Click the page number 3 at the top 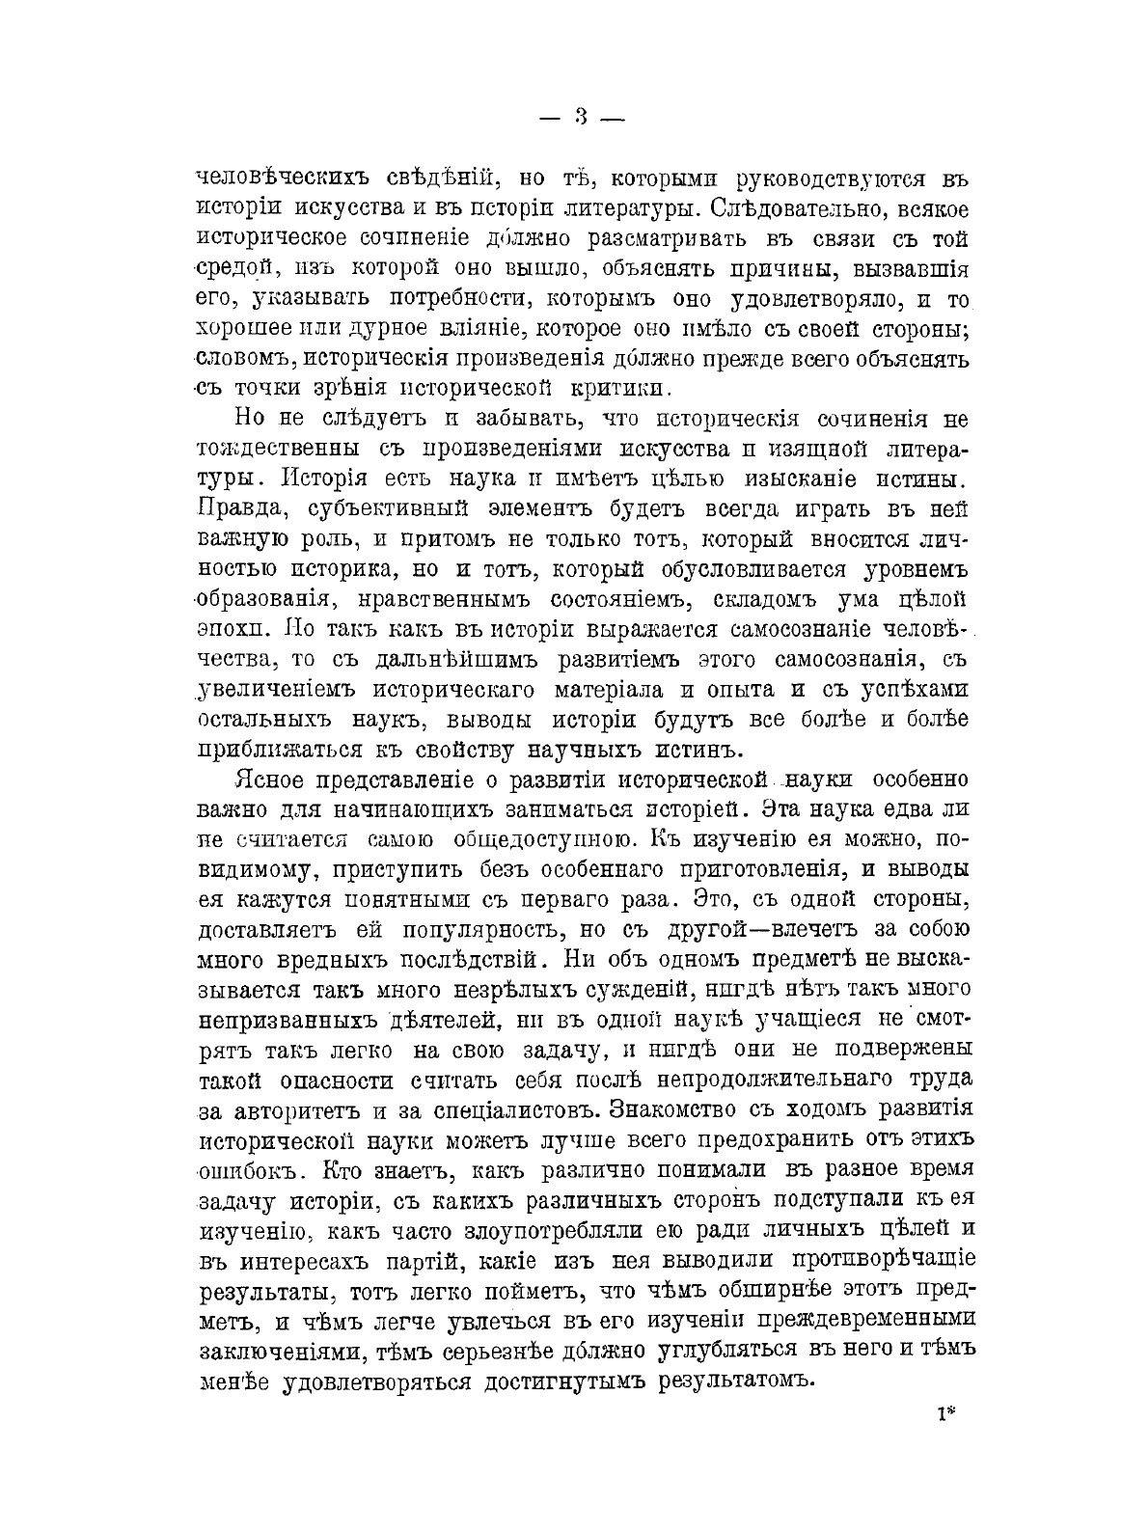coord(581,118)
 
